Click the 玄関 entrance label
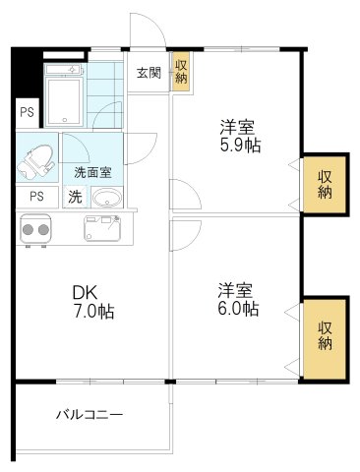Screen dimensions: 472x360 click(149, 72)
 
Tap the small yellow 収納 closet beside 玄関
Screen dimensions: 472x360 click(181, 72)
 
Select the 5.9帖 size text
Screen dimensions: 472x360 click(239, 145)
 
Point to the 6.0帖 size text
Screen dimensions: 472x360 click(239, 309)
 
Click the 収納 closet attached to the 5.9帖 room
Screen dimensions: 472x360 click(325, 183)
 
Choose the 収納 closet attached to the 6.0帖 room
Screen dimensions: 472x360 click(326, 334)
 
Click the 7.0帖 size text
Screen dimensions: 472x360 click(91, 312)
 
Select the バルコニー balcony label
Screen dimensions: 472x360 click(89, 416)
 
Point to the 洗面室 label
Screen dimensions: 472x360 click(92, 171)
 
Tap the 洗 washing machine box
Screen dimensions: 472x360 click(75, 195)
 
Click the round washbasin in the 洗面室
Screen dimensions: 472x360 click(108, 197)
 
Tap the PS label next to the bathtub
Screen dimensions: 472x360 click(26, 111)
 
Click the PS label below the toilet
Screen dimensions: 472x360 click(35, 195)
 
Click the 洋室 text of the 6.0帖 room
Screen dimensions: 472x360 click(238, 290)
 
